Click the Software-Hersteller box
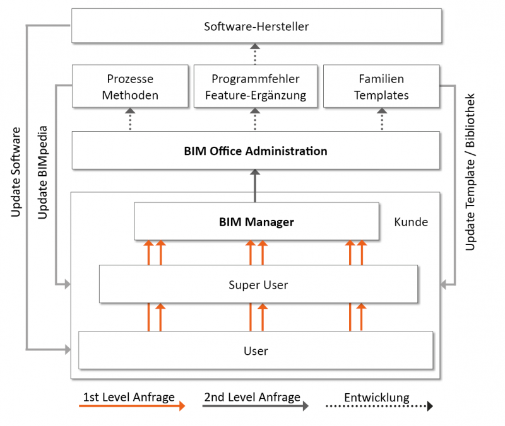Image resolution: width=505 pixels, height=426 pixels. coord(256,26)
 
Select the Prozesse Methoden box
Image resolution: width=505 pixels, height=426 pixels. coord(130,87)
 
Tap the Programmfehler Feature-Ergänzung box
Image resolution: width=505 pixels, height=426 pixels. coord(255,87)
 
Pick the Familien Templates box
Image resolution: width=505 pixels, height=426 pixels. coord(381,87)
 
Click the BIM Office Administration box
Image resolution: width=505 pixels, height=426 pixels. coord(256,151)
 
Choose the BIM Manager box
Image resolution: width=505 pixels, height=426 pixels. coord(256,222)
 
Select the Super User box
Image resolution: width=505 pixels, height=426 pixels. coord(258,285)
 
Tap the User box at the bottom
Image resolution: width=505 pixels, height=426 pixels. coord(256,350)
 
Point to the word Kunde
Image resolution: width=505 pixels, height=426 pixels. coord(411,222)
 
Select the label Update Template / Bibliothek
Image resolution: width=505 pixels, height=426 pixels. coord(470,173)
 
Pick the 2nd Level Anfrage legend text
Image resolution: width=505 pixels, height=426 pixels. coord(252,397)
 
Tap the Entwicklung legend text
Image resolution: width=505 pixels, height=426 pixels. coord(376,398)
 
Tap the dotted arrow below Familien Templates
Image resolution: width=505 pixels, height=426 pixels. coord(381,119)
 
